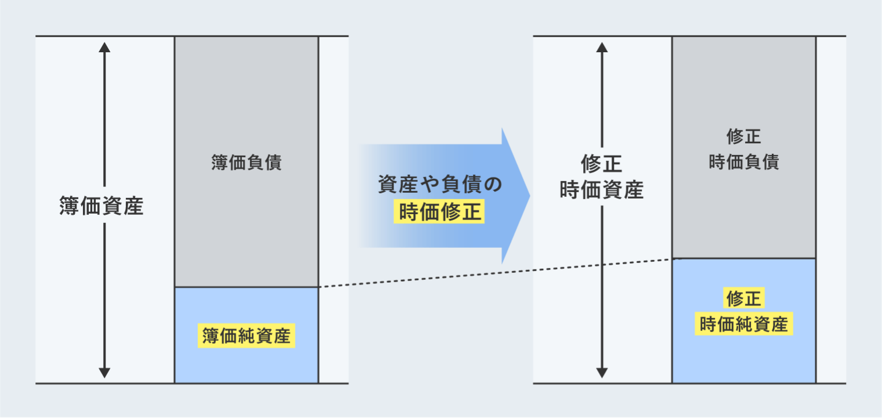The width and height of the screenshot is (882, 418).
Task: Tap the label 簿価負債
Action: coord(246,163)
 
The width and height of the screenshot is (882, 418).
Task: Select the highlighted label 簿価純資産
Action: coord(246,336)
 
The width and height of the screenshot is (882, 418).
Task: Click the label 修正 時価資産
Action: coord(602,177)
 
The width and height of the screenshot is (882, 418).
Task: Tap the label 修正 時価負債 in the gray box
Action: coord(743,149)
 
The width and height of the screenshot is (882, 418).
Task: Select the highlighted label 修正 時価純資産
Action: coord(744,312)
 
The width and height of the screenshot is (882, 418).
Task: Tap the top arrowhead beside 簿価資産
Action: coord(104,48)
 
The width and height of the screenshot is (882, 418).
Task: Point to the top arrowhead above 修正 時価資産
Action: coord(602,48)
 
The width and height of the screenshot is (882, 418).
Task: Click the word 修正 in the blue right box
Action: coord(744,299)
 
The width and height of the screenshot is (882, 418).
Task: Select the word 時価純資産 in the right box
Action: coord(744,325)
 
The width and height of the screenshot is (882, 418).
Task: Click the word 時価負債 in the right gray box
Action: coord(743,162)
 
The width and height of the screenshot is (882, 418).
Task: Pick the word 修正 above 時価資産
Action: coord(602,164)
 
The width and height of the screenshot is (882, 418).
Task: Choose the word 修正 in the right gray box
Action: coord(743,136)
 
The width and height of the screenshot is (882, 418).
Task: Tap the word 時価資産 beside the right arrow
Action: coord(602,190)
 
